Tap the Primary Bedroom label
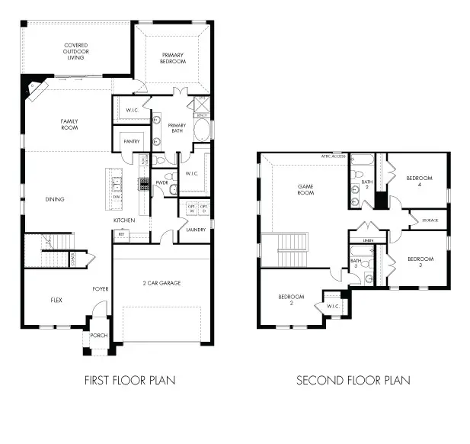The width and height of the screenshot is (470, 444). point(174,57)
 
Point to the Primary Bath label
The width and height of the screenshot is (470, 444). point(177,127)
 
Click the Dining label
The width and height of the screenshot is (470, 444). point(54,199)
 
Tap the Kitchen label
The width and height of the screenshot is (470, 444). point(124,220)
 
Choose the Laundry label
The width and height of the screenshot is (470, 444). point(195,229)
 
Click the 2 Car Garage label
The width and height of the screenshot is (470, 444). point(161,283)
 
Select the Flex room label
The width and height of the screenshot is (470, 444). point(56,300)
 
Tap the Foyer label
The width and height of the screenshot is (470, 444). point(101,289)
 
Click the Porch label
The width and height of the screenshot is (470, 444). point(99,336)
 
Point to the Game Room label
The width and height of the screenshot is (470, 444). point(305,190)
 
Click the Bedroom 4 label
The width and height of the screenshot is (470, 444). point(419,181)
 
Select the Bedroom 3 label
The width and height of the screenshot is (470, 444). point(420,262)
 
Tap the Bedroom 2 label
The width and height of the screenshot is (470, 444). point(292,299)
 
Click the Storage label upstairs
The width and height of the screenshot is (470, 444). point(429,220)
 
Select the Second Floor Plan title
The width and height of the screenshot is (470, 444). point(353,380)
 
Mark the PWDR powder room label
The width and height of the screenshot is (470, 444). point(161,183)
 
